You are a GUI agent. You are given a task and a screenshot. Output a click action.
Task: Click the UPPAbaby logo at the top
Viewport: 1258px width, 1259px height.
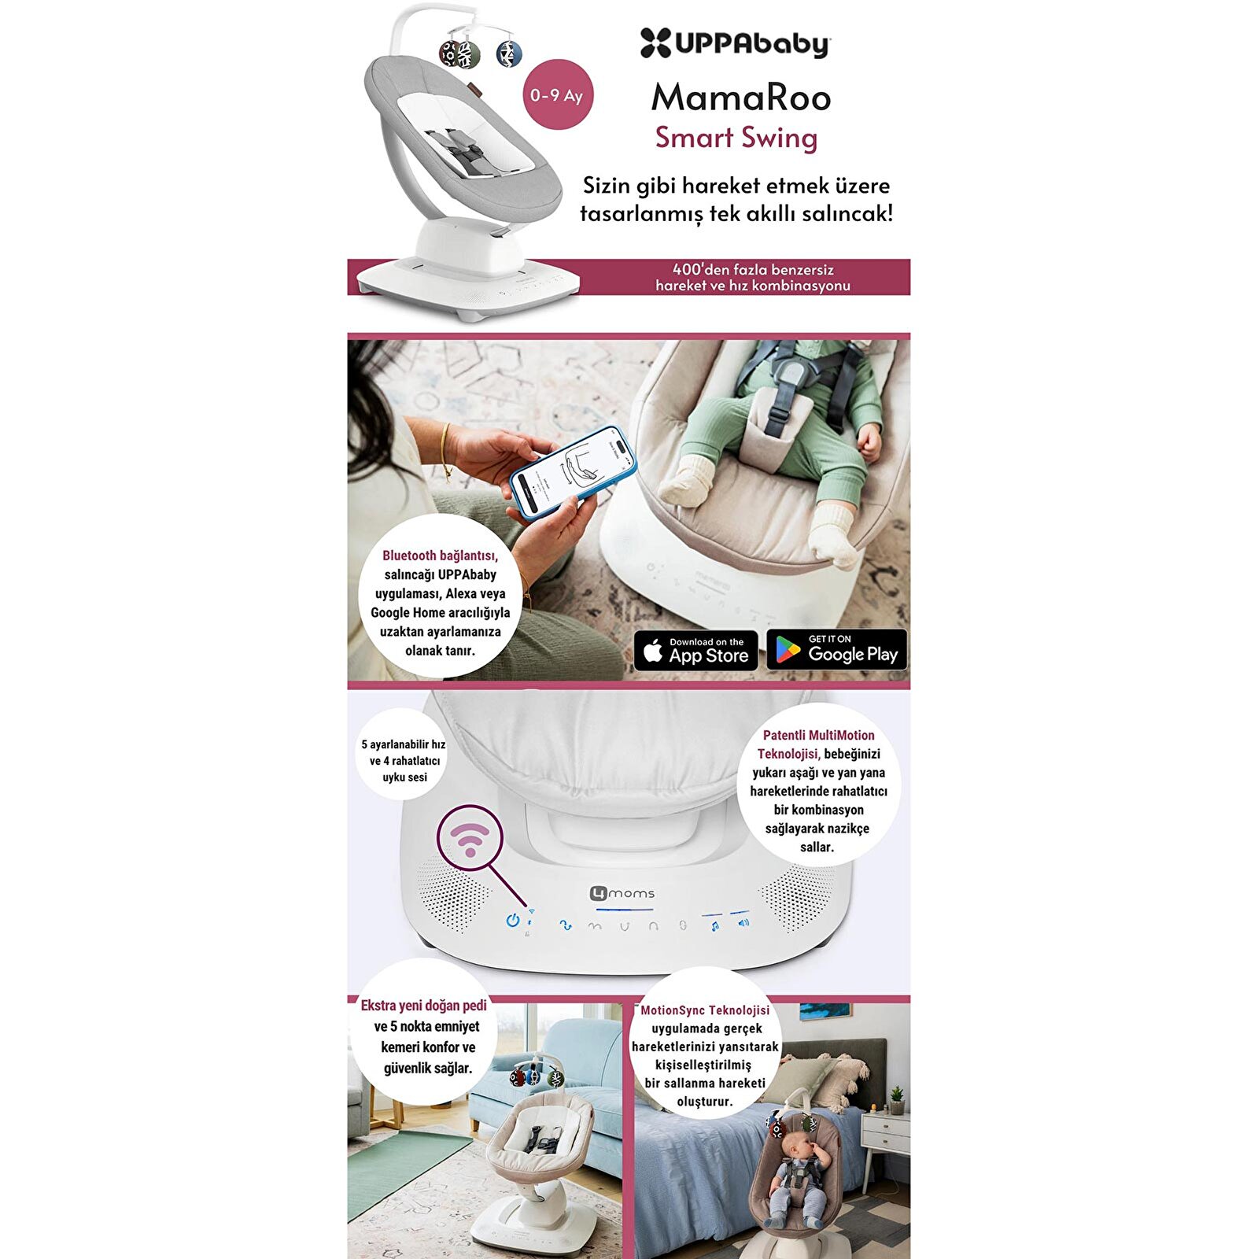[734, 43]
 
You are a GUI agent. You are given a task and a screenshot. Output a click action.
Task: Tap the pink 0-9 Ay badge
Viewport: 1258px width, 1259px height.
[556, 95]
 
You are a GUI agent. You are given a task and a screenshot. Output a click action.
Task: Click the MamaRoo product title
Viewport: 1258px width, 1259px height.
[740, 98]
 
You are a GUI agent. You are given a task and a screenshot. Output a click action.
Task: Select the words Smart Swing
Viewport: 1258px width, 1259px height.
[736, 138]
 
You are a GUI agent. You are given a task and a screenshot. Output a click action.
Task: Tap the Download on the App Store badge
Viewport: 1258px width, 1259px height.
[695, 651]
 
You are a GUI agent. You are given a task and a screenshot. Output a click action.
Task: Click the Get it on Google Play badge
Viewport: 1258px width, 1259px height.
[836, 650]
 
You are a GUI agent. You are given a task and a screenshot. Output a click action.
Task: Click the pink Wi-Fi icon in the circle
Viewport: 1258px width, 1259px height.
[470, 839]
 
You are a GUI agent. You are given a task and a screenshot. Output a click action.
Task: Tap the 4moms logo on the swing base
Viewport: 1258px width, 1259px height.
[622, 893]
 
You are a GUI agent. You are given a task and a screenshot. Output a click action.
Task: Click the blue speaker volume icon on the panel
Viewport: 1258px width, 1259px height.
[743, 922]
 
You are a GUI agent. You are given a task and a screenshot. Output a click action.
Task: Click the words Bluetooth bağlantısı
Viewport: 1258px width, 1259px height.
[440, 556]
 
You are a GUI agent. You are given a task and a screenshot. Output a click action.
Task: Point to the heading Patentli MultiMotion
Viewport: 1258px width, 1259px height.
[818, 735]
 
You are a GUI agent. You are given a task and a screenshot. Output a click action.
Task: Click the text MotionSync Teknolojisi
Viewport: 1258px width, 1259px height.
[705, 1010]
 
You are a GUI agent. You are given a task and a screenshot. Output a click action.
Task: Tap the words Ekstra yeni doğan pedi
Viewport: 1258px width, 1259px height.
[423, 1006]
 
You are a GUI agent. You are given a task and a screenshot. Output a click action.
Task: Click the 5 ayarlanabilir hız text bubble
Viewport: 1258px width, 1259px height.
[404, 760]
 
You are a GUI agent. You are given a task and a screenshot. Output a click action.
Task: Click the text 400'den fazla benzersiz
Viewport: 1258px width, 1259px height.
[753, 269]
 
